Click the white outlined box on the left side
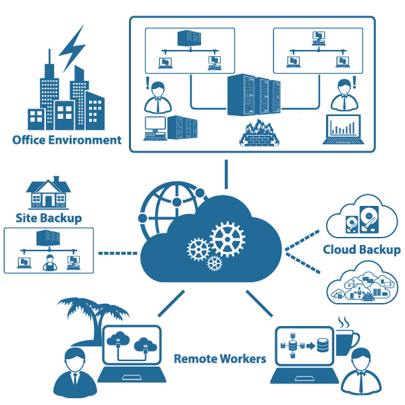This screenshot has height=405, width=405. click(x=7, y=250)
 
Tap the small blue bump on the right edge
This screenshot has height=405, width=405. click(x=400, y=250)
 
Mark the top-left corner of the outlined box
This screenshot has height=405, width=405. click(x=4, y=229)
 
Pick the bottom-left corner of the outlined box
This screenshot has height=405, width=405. click(x=4, y=273)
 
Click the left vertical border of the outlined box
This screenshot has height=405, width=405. click(x=4, y=250)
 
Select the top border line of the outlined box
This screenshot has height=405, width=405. click(x=7, y=228)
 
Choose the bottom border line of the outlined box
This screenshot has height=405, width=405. click(x=7, y=273)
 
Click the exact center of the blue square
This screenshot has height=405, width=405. click(x=205, y=207)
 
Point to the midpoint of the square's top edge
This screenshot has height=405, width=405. click(x=205, y=16)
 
